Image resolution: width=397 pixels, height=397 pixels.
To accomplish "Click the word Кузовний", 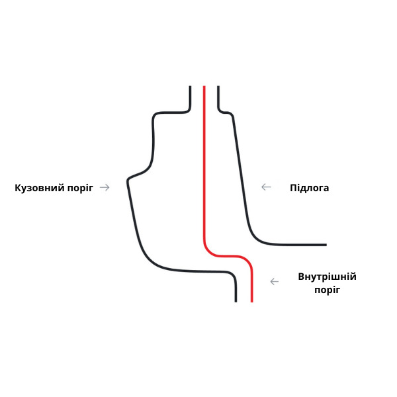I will pyautogui.click(x=38, y=188).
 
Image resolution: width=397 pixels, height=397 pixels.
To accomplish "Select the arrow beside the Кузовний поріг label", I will pyautogui.click(x=105, y=187).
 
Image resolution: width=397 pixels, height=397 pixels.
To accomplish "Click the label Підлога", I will pyautogui.click(x=309, y=188).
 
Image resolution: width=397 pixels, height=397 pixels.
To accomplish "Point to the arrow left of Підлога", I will pyautogui.click(x=266, y=187).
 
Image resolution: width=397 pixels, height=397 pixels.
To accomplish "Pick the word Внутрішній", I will pyautogui.click(x=327, y=277).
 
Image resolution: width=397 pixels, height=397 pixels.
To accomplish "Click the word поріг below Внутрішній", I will pyautogui.click(x=327, y=290).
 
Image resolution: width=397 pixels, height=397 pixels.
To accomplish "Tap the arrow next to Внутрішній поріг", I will pyautogui.click(x=274, y=281).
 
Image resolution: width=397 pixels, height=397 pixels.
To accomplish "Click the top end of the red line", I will pyautogui.click(x=204, y=87).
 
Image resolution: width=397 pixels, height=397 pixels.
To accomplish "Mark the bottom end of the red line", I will pyautogui.click(x=251, y=301).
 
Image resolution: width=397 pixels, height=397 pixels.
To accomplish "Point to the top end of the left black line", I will pyautogui.click(x=191, y=87).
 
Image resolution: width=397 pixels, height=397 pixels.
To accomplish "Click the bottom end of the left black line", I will pyautogui.click(x=236, y=301).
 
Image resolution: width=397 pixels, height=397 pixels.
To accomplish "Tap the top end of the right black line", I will pyautogui.click(x=218, y=87).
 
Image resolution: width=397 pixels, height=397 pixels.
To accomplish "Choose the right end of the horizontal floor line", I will pyautogui.click(x=326, y=245).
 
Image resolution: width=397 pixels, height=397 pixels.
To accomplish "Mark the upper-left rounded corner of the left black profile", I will pyautogui.click(x=156, y=116).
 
